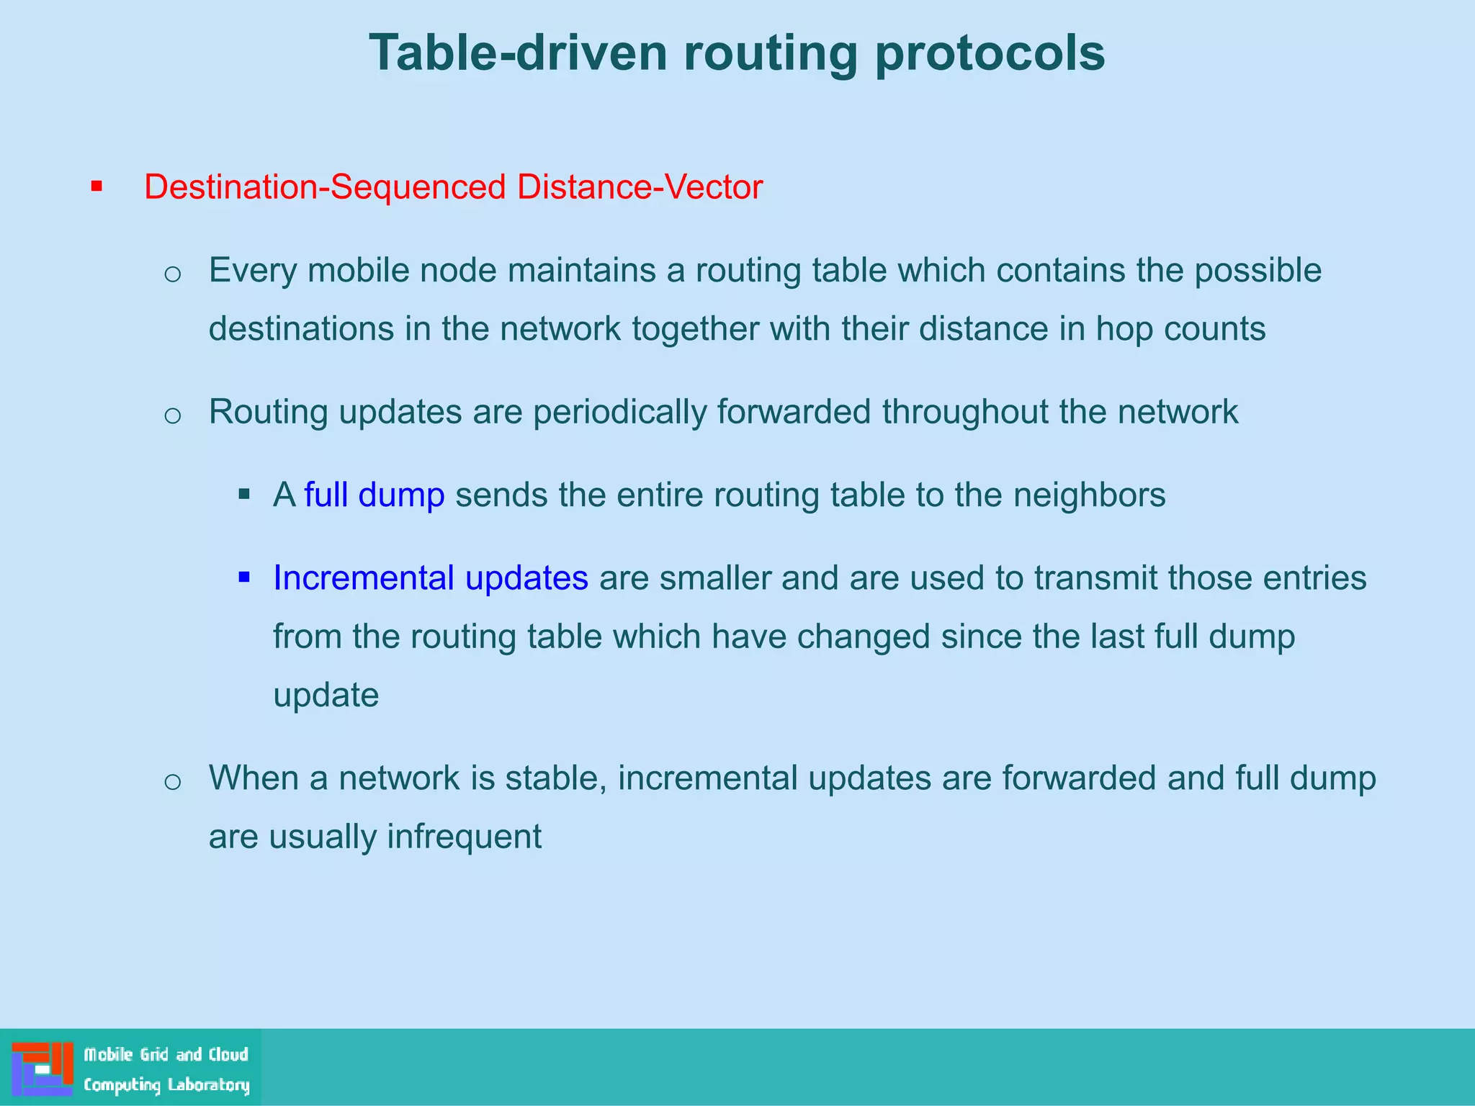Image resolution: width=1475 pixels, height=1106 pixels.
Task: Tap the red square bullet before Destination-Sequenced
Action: click(x=97, y=187)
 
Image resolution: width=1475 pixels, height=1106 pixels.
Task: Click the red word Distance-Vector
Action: click(x=640, y=187)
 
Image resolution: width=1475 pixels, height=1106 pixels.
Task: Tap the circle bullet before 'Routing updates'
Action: click(x=172, y=415)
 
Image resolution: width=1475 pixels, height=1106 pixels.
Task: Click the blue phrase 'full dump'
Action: click(x=374, y=495)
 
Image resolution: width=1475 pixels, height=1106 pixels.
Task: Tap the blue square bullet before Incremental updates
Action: click(x=244, y=577)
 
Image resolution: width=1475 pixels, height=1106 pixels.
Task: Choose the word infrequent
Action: click(x=464, y=837)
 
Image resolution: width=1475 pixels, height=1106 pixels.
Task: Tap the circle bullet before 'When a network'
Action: click(x=172, y=782)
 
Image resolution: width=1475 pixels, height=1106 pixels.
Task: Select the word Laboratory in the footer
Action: click(x=208, y=1084)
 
